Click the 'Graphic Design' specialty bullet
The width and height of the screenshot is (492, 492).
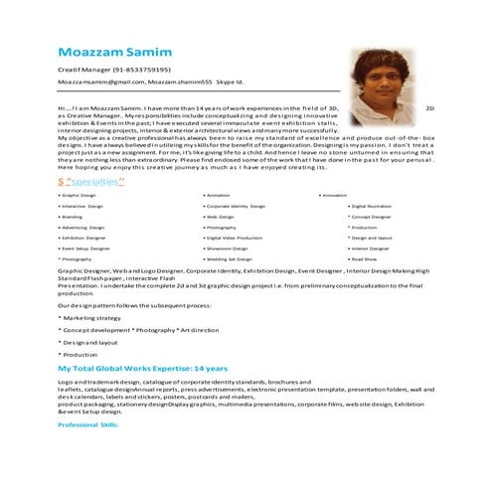(x=79, y=196)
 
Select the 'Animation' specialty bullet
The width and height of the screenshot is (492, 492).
(x=218, y=196)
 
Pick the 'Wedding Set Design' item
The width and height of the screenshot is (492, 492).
(x=229, y=258)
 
